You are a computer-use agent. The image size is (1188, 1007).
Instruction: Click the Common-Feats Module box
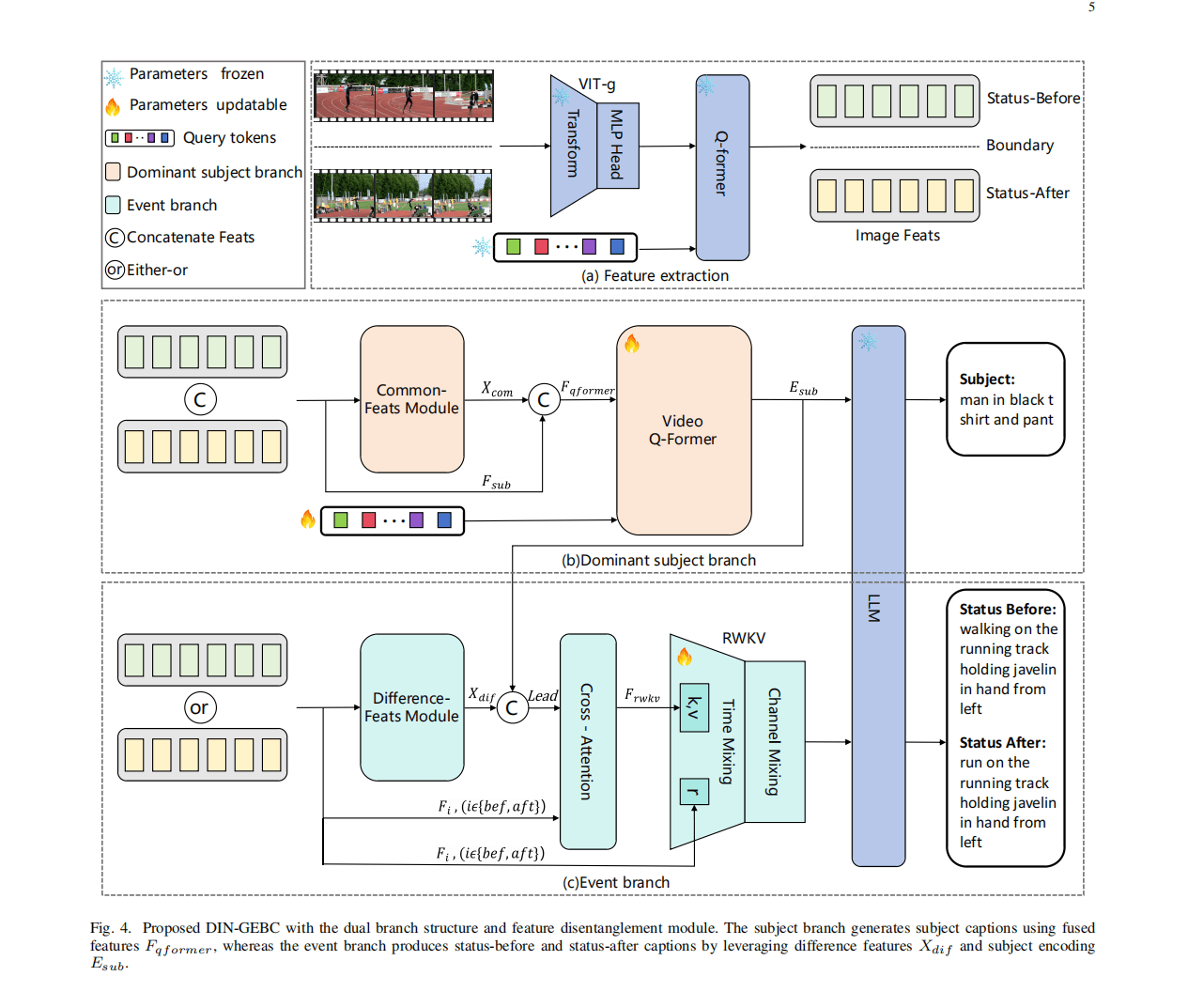tap(411, 399)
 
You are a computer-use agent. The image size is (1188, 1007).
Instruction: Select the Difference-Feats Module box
tap(411, 707)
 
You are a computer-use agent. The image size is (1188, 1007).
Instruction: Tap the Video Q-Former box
tap(683, 430)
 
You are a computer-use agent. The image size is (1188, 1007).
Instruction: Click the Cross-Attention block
tap(587, 741)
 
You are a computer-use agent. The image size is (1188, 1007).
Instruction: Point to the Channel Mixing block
tap(775, 741)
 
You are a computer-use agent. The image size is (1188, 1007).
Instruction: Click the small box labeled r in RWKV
tap(694, 792)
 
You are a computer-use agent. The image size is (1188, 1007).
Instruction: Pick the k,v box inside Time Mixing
tap(694, 707)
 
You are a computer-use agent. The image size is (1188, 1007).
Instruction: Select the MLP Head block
tap(617, 145)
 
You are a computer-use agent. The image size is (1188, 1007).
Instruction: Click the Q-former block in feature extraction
tap(722, 166)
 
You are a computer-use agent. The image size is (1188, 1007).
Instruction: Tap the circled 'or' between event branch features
tap(199, 707)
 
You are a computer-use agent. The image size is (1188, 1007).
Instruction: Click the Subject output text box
tap(1005, 399)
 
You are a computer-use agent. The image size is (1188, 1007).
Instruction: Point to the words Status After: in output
tap(1002, 743)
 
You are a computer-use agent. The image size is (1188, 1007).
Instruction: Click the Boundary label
tap(1020, 146)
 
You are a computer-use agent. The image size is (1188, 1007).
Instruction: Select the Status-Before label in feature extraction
tap(1033, 99)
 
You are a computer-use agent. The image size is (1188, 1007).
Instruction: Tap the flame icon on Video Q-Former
tap(632, 344)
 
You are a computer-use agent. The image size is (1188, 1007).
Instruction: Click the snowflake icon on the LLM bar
tap(868, 342)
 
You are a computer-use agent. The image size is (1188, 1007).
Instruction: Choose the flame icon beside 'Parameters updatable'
tap(113, 106)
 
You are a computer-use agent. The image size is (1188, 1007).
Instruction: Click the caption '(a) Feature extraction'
tap(655, 276)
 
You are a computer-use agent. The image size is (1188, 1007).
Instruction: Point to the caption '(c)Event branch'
tap(616, 883)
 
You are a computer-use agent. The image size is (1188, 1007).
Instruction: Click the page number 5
tap(1091, 8)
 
